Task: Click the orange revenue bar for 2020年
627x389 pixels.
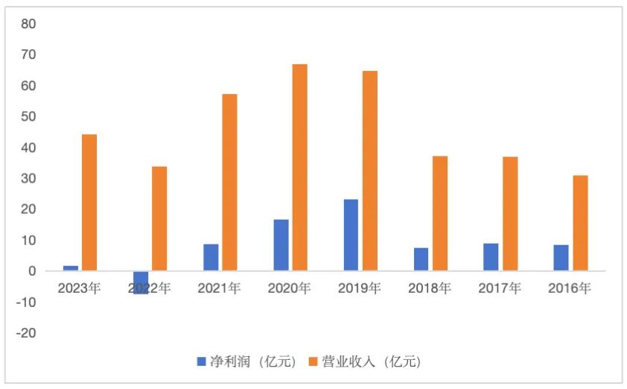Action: click(299, 168)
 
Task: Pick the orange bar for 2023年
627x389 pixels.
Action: click(89, 202)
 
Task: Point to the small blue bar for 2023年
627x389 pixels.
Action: click(71, 268)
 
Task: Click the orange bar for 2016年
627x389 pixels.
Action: click(580, 223)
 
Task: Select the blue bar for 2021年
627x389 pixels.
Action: click(211, 257)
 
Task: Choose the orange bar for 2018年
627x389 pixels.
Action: click(440, 213)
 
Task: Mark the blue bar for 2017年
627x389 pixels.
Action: click(491, 257)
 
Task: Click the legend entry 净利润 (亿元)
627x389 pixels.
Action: click(246, 362)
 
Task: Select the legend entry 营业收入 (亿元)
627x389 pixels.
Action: click(365, 362)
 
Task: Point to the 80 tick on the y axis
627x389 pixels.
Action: click(28, 24)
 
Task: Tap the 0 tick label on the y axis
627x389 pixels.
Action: click(32, 271)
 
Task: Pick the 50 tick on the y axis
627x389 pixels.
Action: click(28, 117)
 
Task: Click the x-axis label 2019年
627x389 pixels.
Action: click(359, 288)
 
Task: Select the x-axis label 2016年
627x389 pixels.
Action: click(568, 288)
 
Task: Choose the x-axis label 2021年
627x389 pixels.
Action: click(218, 288)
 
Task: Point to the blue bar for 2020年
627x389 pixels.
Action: click(281, 245)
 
